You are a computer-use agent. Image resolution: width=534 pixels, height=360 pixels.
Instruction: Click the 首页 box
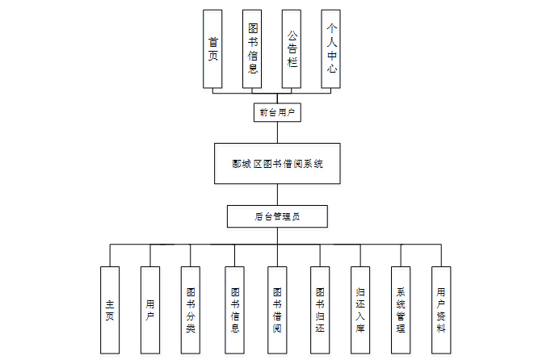click(x=212, y=48)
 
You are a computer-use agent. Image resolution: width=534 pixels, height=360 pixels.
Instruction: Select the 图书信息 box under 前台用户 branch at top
click(x=253, y=48)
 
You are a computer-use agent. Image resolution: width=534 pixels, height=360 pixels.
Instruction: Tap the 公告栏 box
click(x=292, y=48)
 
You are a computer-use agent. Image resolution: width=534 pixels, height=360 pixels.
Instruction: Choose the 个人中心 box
click(x=330, y=48)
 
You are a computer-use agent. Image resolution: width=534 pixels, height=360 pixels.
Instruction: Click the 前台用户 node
click(x=277, y=112)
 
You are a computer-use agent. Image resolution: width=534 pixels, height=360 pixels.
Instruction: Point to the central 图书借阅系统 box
click(x=277, y=164)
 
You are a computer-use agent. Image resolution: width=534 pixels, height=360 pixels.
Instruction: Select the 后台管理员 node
click(x=277, y=216)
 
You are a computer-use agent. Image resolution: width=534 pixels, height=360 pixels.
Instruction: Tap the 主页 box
click(x=109, y=311)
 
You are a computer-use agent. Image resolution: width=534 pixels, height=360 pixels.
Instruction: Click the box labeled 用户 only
click(x=150, y=311)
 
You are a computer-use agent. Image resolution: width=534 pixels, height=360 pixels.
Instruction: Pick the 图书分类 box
click(x=191, y=311)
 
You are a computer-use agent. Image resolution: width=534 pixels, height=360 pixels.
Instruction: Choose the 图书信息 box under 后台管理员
click(x=234, y=311)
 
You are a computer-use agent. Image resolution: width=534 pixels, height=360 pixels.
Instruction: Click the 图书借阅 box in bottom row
click(x=277, y=311)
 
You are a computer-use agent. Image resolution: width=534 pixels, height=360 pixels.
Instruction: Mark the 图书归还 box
click(x=319, y=311)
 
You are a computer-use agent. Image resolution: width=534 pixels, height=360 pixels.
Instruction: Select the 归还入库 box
click(x=360, y=311)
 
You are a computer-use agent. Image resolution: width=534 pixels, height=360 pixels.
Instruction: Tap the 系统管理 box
click(x=400, y=311)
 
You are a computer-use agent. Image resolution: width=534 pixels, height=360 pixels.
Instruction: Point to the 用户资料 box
click(x=440, y=311)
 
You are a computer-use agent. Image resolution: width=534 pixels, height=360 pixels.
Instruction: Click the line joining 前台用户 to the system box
click(x=277, y=132)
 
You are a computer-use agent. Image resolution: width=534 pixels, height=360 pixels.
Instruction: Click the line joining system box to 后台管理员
click(x=277, y=195)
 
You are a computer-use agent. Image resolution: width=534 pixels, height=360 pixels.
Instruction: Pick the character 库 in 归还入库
click(x=360, y=329)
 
